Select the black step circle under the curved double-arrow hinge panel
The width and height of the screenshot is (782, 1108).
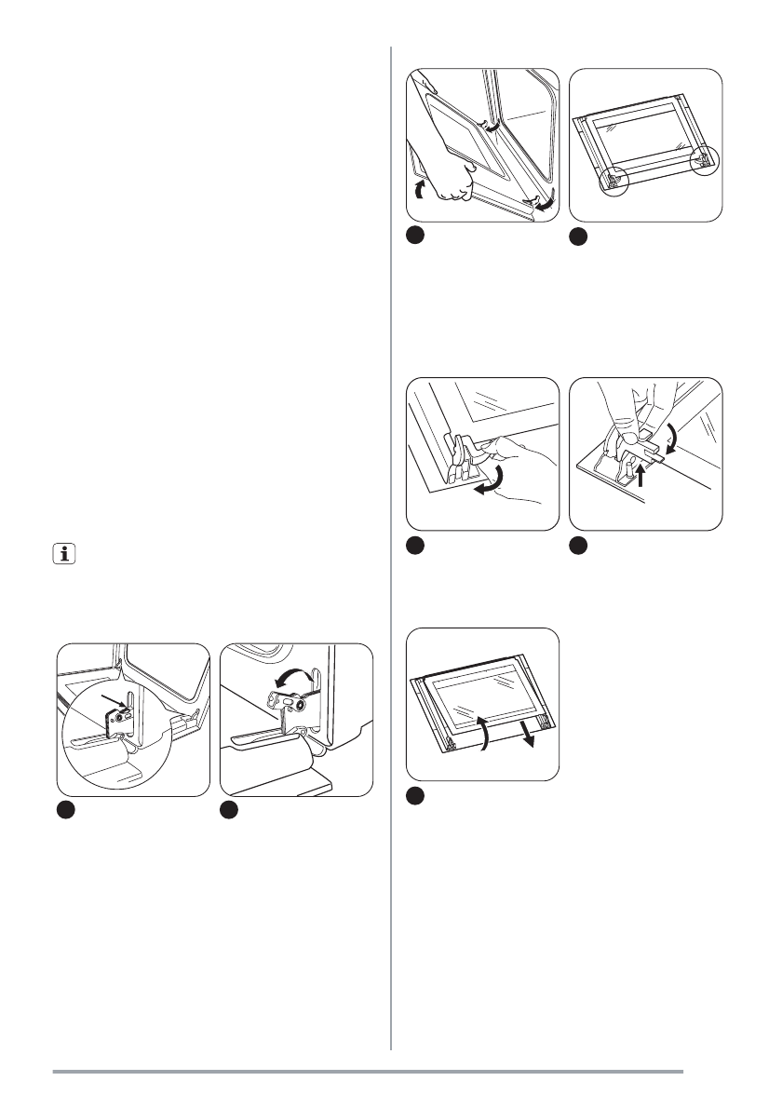point(229,812)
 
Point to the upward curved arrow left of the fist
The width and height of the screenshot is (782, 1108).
point(419,190)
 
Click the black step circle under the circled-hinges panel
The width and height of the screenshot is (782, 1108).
point(579,237)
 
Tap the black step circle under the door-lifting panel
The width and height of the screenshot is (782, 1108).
point(417,237)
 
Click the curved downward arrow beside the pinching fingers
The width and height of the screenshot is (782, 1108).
point(671,433)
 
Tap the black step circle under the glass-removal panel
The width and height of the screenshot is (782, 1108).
point(417,794)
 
